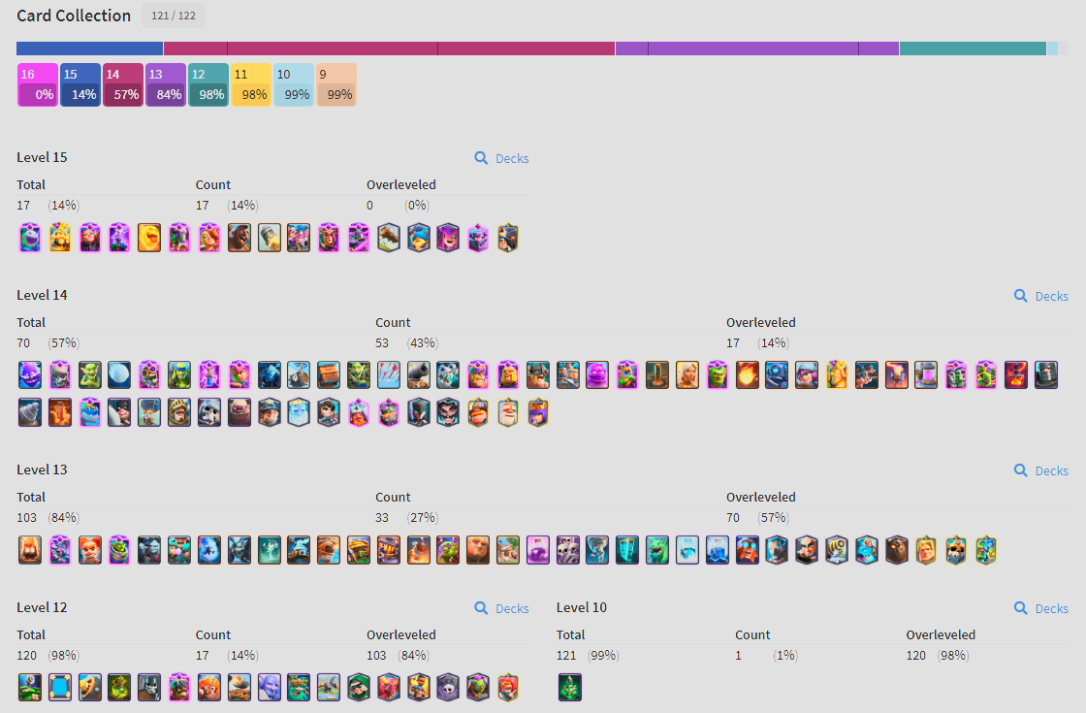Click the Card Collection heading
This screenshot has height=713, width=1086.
74,16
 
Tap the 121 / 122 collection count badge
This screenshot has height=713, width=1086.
174,16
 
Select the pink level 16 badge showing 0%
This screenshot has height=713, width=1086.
38,84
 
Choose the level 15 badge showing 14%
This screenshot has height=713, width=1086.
80,84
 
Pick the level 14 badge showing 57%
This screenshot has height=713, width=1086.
123,84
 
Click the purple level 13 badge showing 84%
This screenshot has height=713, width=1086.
166,84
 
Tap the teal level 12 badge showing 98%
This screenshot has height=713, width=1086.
208,84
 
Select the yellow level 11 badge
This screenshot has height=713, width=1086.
251,84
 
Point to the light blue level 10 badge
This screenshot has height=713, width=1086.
294,84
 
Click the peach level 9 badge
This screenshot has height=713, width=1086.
336,84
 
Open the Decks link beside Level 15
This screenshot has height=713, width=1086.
502,158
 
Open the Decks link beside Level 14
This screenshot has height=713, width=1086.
1041,296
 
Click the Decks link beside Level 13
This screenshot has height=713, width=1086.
1041,470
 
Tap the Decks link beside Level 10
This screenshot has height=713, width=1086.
1041,608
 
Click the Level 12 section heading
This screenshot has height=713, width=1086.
43,607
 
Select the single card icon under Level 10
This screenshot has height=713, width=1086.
570,688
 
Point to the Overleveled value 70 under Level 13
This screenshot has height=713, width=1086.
733,518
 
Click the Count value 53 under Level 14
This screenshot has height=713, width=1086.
382,343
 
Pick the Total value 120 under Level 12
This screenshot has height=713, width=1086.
26,656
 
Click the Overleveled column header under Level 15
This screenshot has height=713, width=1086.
401,185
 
